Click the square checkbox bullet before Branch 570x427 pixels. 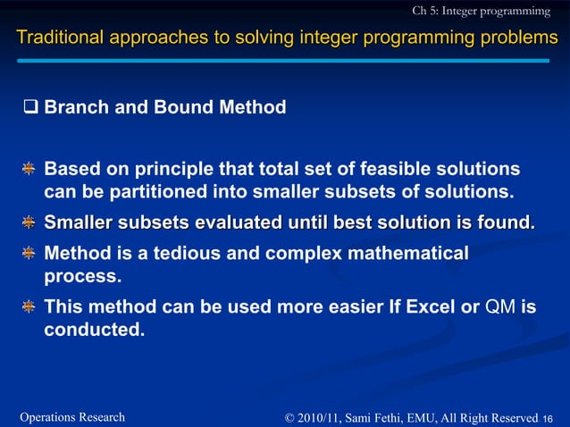click(x=30, y=108)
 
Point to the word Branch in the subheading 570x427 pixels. click(x=75, y=108)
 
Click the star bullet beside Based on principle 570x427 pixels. click(x=29, y=170)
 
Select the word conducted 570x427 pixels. click(x=93, y=330)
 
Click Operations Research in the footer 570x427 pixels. click(x=72, y=417)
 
